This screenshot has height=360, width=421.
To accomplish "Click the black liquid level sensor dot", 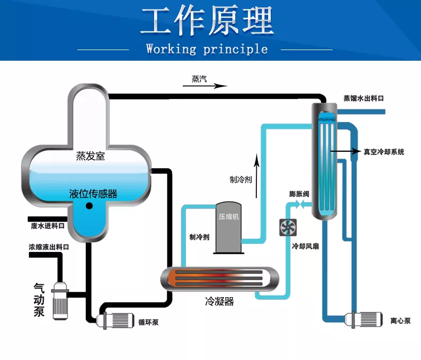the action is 89,206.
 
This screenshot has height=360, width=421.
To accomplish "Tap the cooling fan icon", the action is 288,227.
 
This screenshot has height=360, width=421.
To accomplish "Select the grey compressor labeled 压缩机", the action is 229,227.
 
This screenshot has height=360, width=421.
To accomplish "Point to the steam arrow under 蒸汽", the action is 205,86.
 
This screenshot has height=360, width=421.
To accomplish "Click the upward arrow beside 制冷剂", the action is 257,176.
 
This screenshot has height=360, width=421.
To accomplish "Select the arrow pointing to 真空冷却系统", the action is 345,151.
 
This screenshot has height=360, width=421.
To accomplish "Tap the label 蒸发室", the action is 90,156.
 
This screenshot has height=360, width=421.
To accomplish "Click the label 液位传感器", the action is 93,194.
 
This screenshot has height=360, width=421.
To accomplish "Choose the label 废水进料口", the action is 48,226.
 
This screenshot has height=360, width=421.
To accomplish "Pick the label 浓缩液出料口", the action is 49,247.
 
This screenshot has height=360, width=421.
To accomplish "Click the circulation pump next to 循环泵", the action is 115,320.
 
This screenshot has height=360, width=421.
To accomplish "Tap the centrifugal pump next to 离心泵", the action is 363,319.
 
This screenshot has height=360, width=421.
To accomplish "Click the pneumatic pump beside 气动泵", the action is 60,300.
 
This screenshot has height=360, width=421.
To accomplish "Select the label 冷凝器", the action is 220,301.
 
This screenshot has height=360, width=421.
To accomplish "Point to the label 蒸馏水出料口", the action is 363,99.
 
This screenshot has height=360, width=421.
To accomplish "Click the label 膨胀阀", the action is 299,194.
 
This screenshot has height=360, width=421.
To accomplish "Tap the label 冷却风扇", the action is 305,246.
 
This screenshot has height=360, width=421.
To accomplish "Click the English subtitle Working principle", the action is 207,49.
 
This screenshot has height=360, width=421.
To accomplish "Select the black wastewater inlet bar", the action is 47,219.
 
